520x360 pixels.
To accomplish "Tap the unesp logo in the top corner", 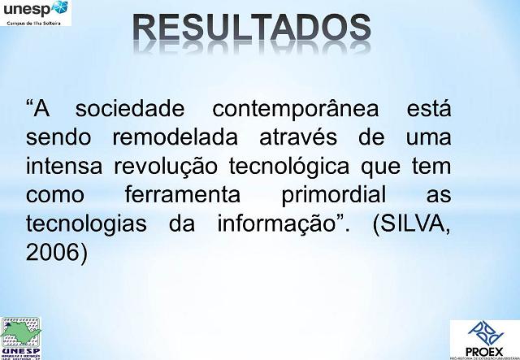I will click(37, 12).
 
